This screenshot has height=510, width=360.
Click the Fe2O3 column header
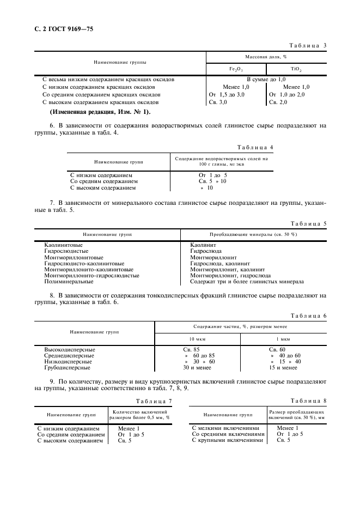[236, 69]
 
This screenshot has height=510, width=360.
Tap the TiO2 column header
[296, 69]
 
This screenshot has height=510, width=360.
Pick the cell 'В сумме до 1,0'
[265, 80]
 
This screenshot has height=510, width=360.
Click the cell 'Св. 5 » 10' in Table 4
[212, 181]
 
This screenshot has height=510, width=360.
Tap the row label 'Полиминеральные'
[69, 282]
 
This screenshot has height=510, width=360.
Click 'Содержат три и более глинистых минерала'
[247, 282]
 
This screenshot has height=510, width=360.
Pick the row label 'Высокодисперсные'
[70, 349]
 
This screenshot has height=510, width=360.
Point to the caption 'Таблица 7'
[154, 401]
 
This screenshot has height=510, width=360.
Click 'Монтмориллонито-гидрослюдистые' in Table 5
[91, 276]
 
